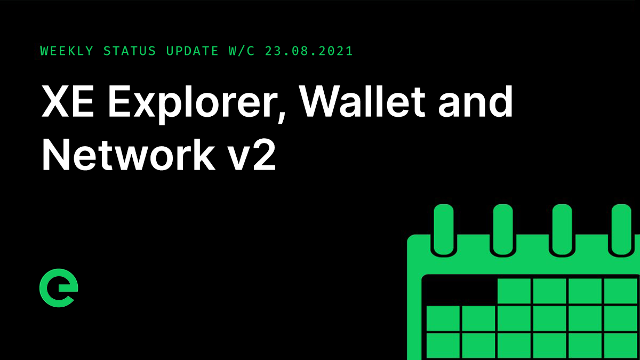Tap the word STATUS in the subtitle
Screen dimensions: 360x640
(x=130, y=51)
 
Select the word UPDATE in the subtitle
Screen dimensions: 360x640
(x=192, y=51)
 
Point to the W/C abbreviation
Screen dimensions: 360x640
(x=239, y=51)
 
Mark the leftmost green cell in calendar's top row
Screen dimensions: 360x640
(x=514, y=291)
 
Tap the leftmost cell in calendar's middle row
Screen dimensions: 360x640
(x=443, y=318)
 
